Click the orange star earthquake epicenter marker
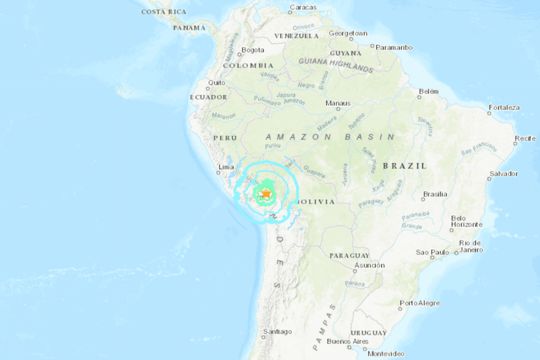point(266,193)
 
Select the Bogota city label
point(252,50)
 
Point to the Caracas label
point(303,7)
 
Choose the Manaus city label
point(338,103)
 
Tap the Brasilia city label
point(435,194)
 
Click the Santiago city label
point(277,331)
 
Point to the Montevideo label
point(385,353)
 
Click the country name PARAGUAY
point(349,255)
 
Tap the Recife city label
point(525,138)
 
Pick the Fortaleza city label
point(504,107)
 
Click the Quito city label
point(217,83)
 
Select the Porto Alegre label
point(419,303)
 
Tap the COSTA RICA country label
point(163,11)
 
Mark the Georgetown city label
point(348,33)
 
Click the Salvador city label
point(503,174)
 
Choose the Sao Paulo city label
point(432,252)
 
